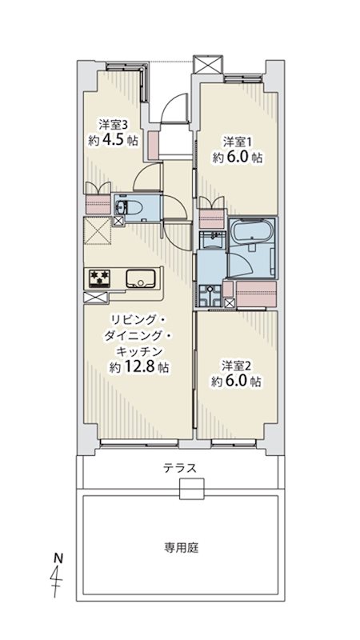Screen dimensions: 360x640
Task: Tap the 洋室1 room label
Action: [x=235, y=142]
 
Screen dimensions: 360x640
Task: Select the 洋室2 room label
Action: [x=234, y=365]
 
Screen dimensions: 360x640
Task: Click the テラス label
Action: [x=180, y=468]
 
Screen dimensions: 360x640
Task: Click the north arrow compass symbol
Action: [x=58, y=574]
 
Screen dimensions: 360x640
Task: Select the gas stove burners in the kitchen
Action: [x=98, y=278]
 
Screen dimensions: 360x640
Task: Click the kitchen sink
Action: [x=140, y=279]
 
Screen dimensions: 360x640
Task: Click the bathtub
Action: [x=252, y=234]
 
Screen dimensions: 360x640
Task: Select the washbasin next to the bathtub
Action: [x=211, y=240]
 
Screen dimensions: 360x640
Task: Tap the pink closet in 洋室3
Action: [x=98, y=205]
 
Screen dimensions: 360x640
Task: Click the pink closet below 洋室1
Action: [x=212, y=218]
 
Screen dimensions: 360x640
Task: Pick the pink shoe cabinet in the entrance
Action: [x=153, y=146]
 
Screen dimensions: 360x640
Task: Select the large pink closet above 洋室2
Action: [x=257, y=294]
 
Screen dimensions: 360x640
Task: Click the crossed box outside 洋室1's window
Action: [x=208, y=64]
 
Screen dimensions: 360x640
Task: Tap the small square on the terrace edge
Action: [x=191, y=489]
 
